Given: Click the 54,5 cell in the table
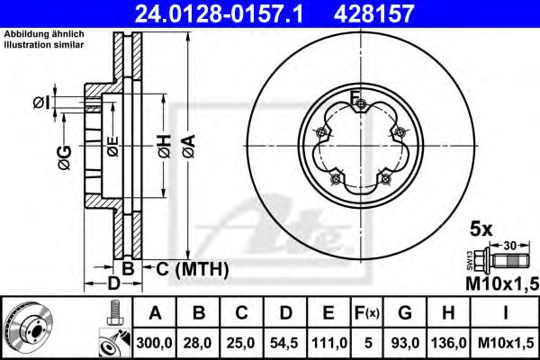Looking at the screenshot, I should [x=287, y=342].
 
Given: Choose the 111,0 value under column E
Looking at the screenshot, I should [x=329, y=342].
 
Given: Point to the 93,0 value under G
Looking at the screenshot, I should [x=406, y=342].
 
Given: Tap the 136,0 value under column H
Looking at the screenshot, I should [x=449, y=342].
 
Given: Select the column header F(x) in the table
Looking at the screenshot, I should [x=368, y=313].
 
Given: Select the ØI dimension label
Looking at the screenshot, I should [x=41, y=103].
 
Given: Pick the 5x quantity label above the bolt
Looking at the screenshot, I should [x=481, y=229].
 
